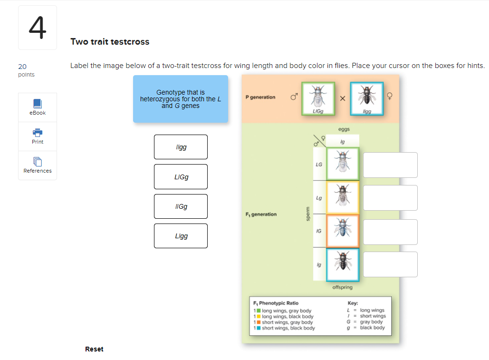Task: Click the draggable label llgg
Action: coord(181,147)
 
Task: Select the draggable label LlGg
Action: coord(181,177)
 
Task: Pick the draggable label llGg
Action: coord(181,206)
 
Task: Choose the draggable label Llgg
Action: coord(181,236)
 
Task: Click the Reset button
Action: coord(94,349)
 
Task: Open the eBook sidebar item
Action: coord(38,107)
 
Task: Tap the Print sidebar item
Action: coord(38,136)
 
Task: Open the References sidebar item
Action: coord(38,165)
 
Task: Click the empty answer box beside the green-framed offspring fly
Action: coord(390,165)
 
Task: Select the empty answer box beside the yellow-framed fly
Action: coord(390,198)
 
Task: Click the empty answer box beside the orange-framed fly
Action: coord(390,232)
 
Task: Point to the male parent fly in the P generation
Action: coord(318,97)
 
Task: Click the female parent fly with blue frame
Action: coord(366,97)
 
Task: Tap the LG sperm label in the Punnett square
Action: coord(319,165)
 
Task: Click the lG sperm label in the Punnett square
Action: coord(319,231)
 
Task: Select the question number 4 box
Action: coord(38,28)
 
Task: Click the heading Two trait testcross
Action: coord(110,42)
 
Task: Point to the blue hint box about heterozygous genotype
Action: coord(181,99)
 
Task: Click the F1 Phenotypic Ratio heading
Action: coord(276,303)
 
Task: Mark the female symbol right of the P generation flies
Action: coord(390,97)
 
